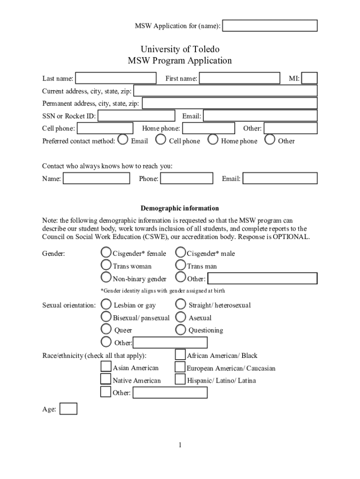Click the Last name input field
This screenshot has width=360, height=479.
tap(116, 78)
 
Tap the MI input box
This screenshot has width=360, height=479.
tap(310, 78)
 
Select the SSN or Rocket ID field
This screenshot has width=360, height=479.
tap(137, 116)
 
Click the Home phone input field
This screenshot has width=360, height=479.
tap(209, 128)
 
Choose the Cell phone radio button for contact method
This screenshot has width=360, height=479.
tap(161, 139)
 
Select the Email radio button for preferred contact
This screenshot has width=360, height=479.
tap(123, 139)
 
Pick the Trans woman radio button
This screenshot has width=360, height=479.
tap(107, 265)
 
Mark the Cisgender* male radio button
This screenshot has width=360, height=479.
tap(180, 253)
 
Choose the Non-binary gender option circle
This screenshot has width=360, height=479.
tap(107, 278)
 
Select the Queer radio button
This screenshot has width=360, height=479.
tap(107, 330)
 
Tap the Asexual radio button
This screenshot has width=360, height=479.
tap(180, 317)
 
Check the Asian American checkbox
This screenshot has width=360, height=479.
tap(106, 367)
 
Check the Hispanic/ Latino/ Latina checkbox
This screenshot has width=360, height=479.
tap(180, 379)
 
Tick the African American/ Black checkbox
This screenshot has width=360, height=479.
tap(180, 355)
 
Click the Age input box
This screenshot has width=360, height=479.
tap(69, 409)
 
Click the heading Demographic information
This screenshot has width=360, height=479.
tap(180, 208)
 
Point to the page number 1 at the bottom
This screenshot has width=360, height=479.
tap(180, 445)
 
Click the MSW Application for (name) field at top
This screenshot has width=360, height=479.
tap(270, 26)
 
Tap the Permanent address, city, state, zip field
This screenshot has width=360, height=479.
tap(230, 103)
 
